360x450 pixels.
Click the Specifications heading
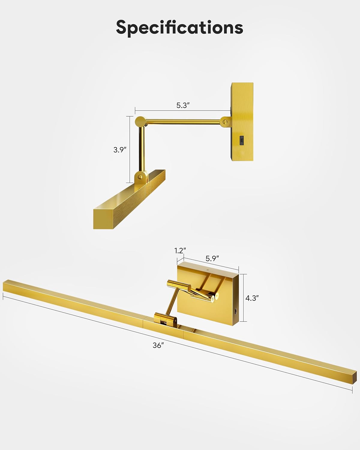(179, 27)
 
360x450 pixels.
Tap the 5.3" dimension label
(183, 105)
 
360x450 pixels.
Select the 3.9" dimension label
(120, 150)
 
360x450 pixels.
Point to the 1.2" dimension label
(180, 250)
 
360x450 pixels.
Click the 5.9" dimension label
(212, 258)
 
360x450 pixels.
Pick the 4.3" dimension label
(252, 298)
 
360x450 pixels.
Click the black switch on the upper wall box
(242, 140)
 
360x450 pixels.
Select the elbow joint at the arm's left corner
(140, 122)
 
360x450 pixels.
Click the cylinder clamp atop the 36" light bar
(164, 319)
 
